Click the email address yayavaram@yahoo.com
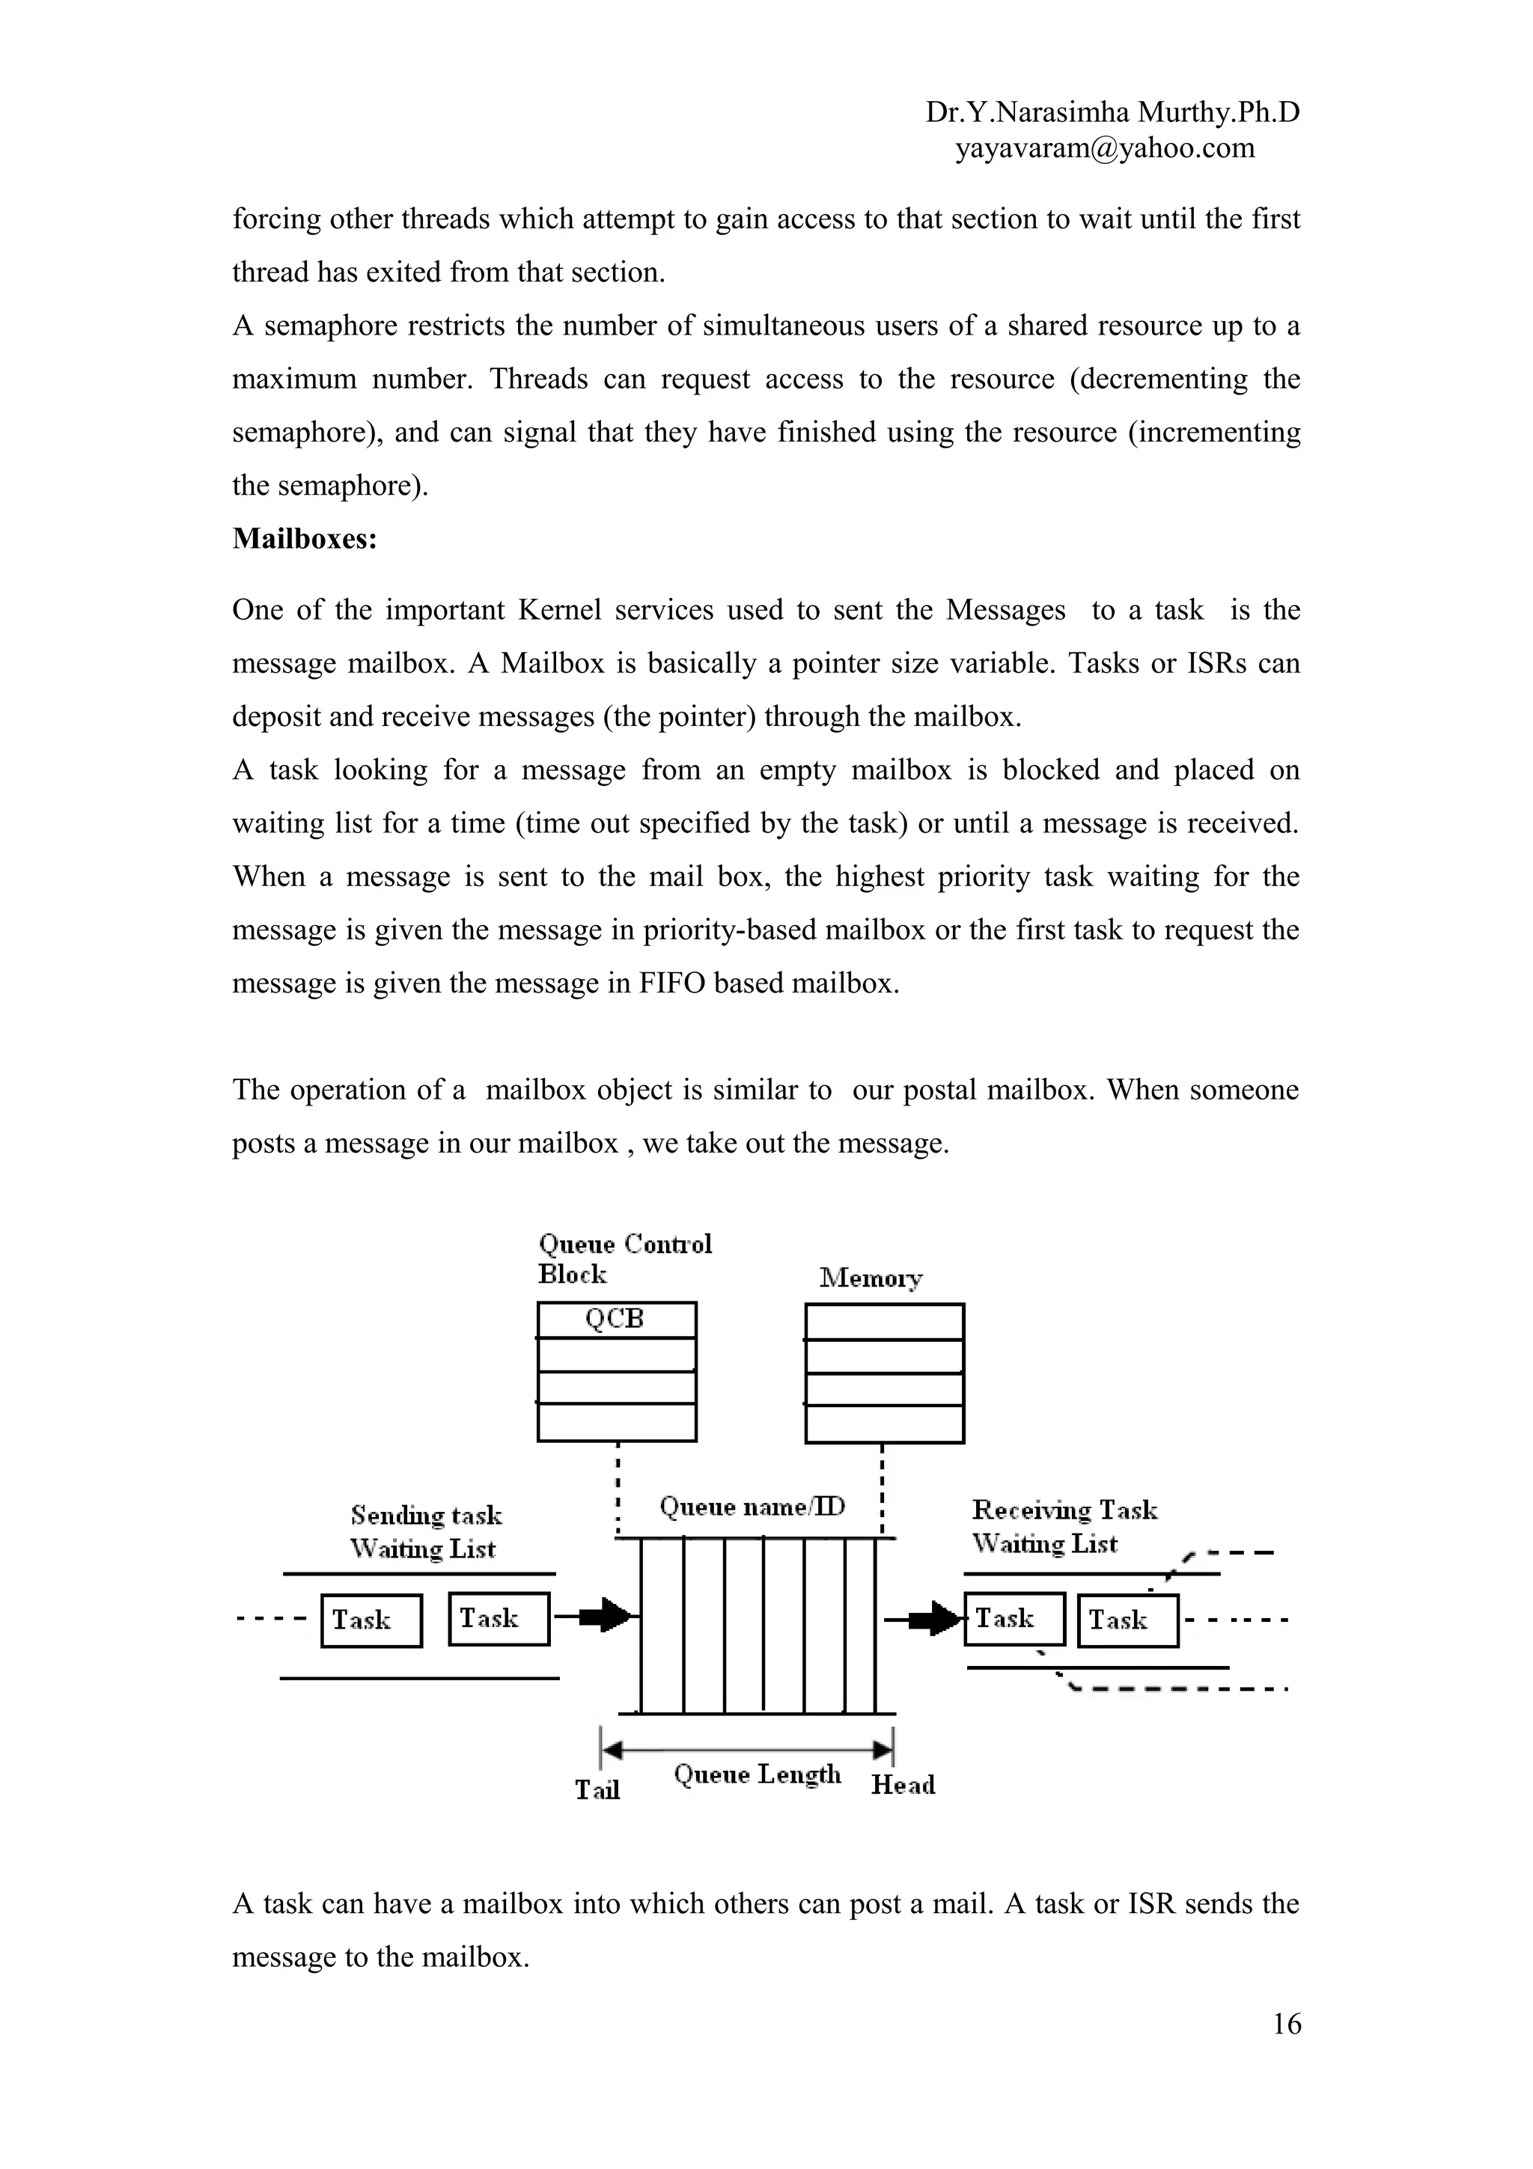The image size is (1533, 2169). pyautogui.click(x=1104, y=148)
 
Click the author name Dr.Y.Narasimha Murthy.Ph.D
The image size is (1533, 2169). pyautogui.click(x=1112, y=112)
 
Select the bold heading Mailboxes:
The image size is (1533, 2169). pyautogui.click(x=304, y=538)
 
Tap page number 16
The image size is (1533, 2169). pyautogui.click(x=1287, y=2024)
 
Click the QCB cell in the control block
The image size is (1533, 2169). pyautogui.click(x=616, y=1319)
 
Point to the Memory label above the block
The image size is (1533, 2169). pyautogui.click(x=870, y=1278)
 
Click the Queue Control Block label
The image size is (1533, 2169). pyautogui.click(x=624, y=1258)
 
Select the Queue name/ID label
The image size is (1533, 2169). pyautogui.click(x=752, y=1506)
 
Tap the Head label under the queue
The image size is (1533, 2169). pyautogui.click(x=903, y=1784)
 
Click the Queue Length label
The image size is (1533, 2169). pyautogui.click(x=758, y=1774)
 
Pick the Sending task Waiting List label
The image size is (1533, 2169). pyautogui.click(x=425, y=1531)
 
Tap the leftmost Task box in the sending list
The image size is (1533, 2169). pyautogui.click(x=371, y=1620)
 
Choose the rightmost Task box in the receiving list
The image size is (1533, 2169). pyautogui.click(x=1128, y=1620)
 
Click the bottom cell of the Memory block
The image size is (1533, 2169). pyautogui.click(x=884, y=1424)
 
